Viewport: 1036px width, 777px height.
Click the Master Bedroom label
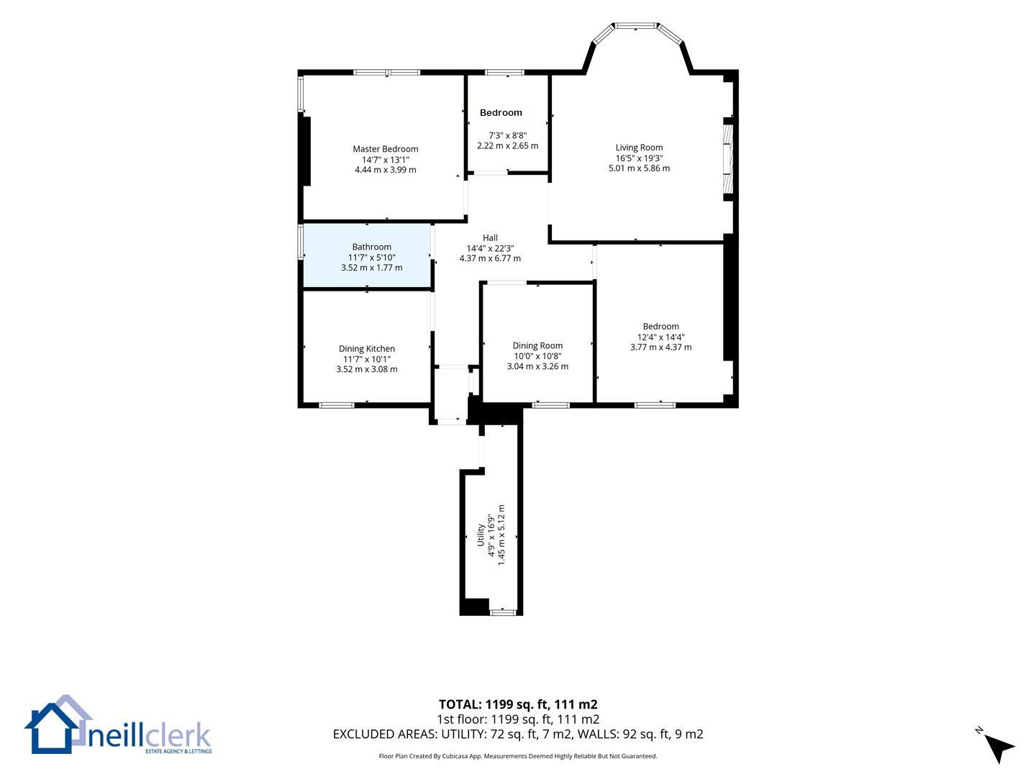[385, 149]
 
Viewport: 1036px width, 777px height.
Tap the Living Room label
[639, 147]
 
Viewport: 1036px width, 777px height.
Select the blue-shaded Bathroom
[367, 255]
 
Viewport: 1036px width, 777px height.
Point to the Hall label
[490, 237]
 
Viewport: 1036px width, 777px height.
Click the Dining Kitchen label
[367, 349]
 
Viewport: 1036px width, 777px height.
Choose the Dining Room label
[537, 346]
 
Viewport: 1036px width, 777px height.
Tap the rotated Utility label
[481, 535]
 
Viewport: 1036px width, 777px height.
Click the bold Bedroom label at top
[501, 113]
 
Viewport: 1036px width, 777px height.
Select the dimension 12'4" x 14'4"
[660, 337]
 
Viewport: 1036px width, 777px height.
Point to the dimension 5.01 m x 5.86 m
[639, 168]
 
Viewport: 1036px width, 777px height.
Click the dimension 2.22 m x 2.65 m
[507, 146]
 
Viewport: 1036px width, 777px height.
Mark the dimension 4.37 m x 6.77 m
[490, 258]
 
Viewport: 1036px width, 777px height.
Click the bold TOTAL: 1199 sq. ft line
[518, 704]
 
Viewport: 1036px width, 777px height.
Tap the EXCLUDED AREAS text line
[518, 734]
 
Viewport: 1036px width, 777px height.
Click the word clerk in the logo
[178, 736]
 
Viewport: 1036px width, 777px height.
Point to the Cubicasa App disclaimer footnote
[518, 756]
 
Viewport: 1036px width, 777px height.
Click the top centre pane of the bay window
[636, 25]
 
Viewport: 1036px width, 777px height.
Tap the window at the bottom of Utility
[503, 612]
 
